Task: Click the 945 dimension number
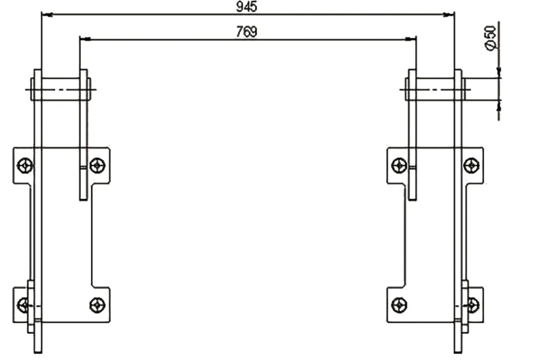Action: [x=246, y=7]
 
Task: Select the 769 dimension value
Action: [x=246, y=31]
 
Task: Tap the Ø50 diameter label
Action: [x=491, y=38]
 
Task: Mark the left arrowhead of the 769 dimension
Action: [x=84, y=39]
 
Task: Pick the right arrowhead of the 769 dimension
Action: [x=411, y=39]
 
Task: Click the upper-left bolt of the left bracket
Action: [x=25, y=166]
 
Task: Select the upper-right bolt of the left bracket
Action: [x=97, y=166]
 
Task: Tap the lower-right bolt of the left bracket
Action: [x=97, y=305]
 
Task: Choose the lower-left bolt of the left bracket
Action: [x=23, y=305]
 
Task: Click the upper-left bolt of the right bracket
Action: [x=399, y=166]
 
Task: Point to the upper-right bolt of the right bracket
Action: [x=471, y=166]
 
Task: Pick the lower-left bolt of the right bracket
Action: [x=399, y=305]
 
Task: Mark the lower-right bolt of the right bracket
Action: [x=473, y=305]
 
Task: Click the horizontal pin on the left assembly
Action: [x=61, y=89]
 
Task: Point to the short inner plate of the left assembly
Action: [x=84, y=134]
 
